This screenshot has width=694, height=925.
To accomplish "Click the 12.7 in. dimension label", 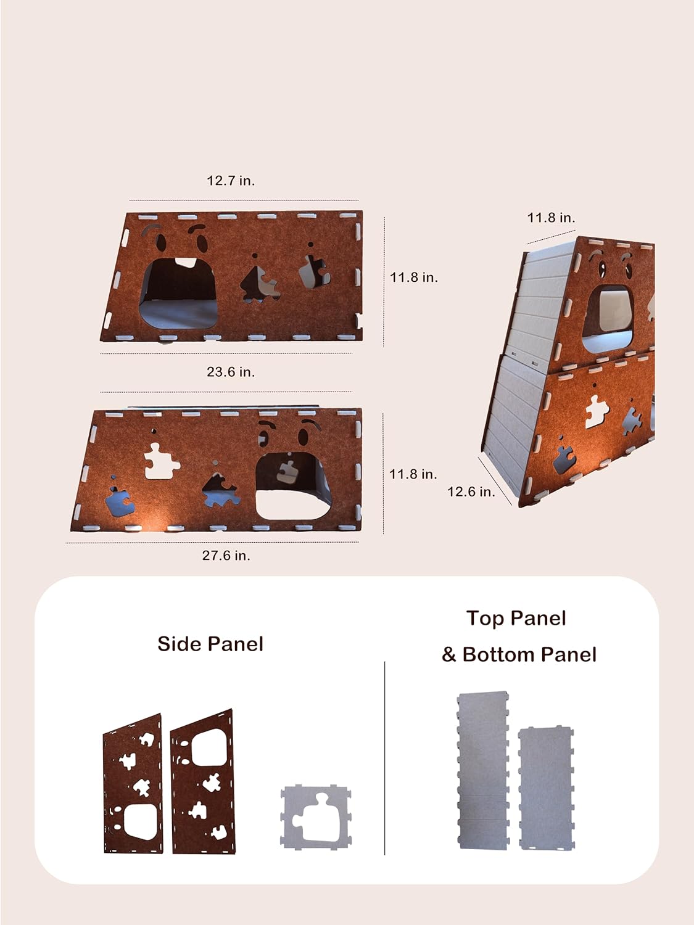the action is (x=231, y=181).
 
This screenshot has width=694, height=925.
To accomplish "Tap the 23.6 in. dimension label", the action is (x=231, y=372).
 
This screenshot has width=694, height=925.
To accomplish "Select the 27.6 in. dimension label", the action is (x=226, y=556).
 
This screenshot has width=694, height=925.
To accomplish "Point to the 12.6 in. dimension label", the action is (x=471, y=491).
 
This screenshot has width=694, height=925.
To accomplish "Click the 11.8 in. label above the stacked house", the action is (x=551, y=218).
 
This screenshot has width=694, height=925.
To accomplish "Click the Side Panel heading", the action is (x=210, y=644).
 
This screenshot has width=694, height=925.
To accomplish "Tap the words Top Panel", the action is (x=516, y=619).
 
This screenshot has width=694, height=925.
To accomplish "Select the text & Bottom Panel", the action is (x=519, y=654).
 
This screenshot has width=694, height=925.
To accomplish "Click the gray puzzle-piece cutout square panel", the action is (x=316, y=817).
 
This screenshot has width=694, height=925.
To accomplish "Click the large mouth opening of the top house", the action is (x=178, y=294).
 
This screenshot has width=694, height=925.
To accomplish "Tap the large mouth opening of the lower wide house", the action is (x=293, y=486).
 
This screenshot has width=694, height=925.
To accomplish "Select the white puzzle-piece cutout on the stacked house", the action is (x=597, y=411).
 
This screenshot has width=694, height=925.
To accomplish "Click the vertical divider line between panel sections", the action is (x=385, y=758).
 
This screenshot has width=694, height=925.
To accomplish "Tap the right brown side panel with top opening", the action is (x=203, y=782).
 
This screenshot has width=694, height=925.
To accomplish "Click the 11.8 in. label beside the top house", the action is (x=414, y=277).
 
